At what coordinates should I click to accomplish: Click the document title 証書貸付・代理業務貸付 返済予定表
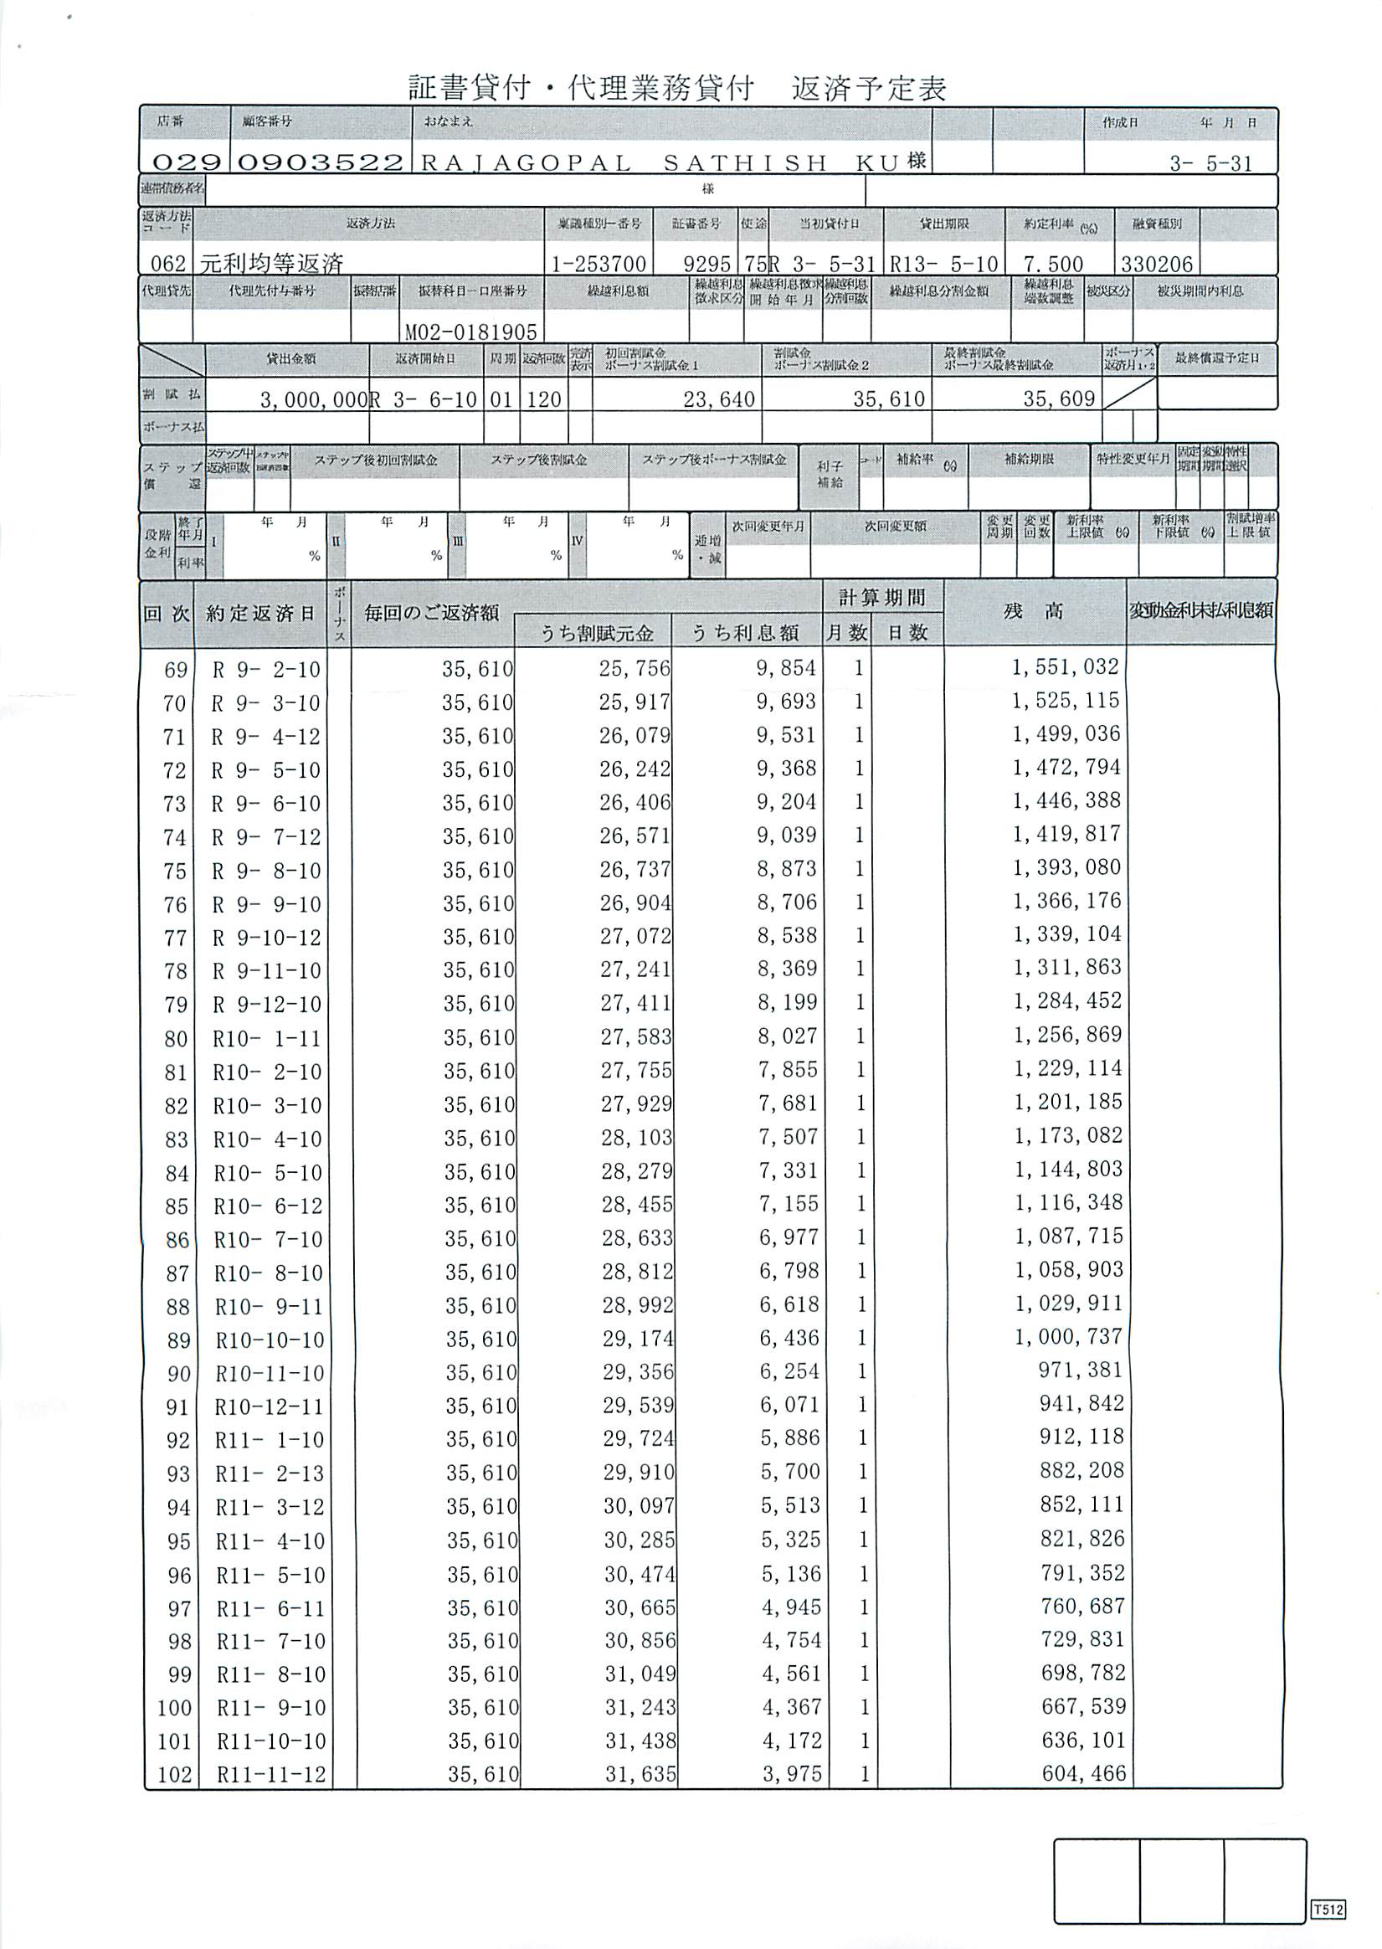[x=676, y=88]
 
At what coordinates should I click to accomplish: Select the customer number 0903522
[x=320, y=162]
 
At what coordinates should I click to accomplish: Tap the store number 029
[x=187, y=162]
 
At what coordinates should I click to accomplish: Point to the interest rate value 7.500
[x=1054, y=264]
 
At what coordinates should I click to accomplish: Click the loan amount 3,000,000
[x=313, y=399]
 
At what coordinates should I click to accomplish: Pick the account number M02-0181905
[x=470, y=332]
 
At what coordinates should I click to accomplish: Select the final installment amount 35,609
[x=1059, y=399]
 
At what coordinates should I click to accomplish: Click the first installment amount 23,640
[x=719, y=399]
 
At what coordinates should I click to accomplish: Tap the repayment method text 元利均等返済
[x=271, y=263]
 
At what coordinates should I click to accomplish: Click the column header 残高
[x=1033, y=611]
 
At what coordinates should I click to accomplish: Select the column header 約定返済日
[x=260, y=614]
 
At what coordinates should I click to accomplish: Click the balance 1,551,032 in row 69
[x=1065, y=667]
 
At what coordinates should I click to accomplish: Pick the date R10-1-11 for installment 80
[x=268, y=1038]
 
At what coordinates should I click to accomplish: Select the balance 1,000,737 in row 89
[x=1068, y=1337]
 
